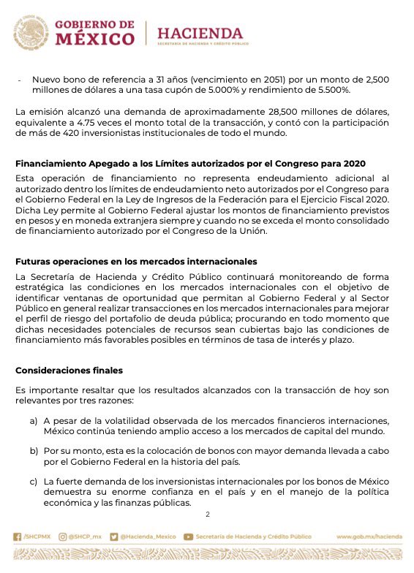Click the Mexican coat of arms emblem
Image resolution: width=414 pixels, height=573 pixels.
click(x=31, y=34)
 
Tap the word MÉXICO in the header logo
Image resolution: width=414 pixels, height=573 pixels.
click(x=95, y=39)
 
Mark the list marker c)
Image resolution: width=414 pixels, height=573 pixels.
click(x=34, y=482)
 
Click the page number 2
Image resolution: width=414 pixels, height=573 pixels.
click(x=207, y=515)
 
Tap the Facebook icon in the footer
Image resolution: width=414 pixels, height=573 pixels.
click(x=18, y=536)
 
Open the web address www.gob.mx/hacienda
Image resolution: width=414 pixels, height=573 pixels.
click(x=369, y=536)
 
